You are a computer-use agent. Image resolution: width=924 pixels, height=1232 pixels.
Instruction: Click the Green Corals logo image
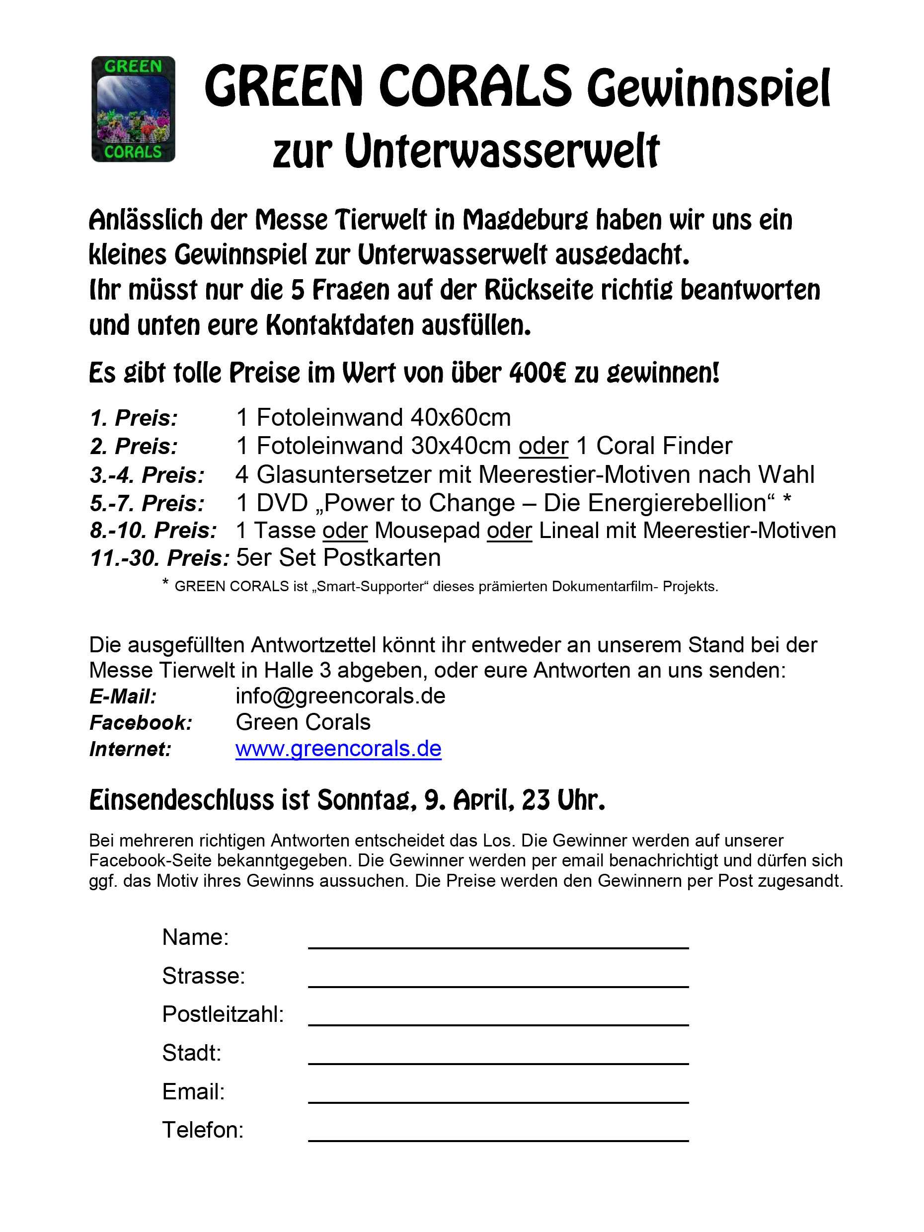coord(133,109)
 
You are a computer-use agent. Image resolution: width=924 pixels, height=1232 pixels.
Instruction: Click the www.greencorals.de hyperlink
coord(338,749)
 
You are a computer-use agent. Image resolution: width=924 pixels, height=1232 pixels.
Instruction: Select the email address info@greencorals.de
coord(340,696)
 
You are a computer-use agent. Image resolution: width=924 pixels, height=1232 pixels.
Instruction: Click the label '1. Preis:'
coord(134,418)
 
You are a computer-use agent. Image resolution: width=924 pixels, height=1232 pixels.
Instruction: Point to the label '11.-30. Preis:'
coord(159,558)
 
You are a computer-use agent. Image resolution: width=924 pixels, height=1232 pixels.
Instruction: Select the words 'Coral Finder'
coord(664,446)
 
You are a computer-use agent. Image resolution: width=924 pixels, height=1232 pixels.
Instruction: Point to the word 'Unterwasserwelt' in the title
coord(502,152)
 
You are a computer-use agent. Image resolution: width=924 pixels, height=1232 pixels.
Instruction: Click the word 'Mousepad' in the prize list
coord(427,530)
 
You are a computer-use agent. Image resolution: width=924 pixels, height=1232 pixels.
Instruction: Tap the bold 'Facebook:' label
coord(141,723)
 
